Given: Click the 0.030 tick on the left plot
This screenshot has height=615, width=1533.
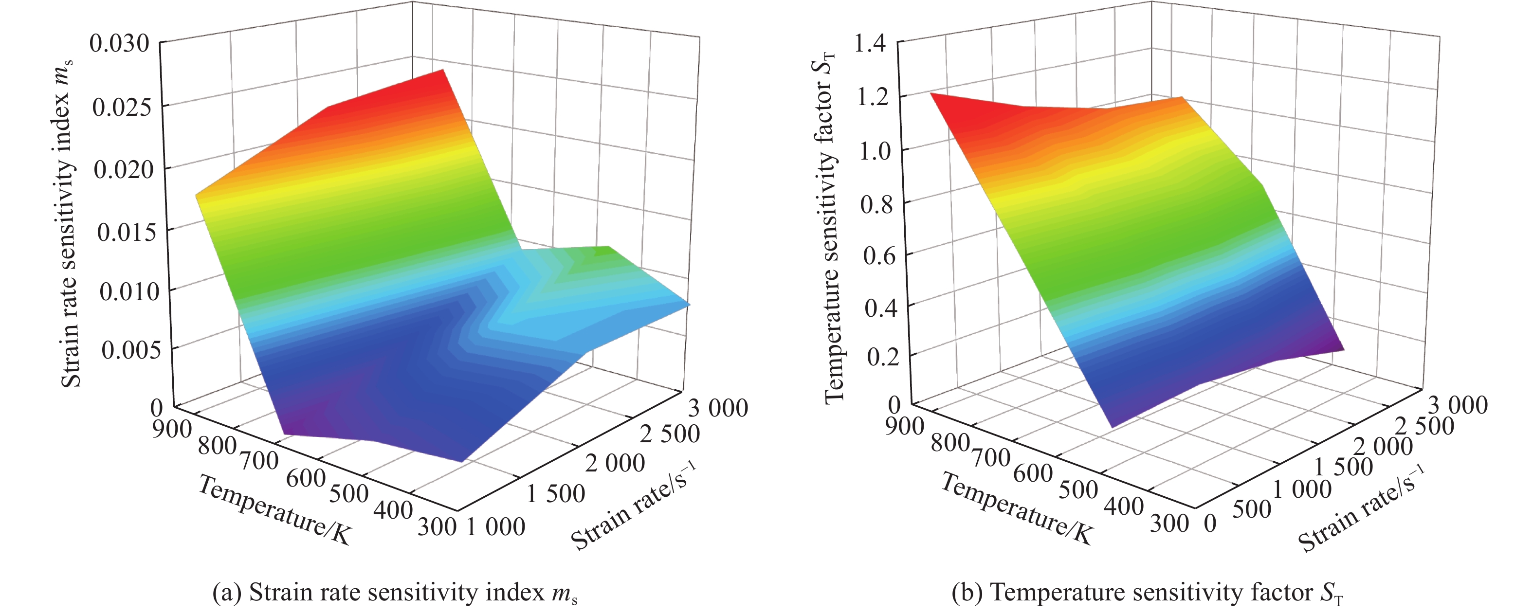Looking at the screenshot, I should pos(119,43).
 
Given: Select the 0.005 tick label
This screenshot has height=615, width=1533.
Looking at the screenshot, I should pos(130,350).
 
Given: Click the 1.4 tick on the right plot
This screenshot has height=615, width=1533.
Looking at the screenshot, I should pos(870,43).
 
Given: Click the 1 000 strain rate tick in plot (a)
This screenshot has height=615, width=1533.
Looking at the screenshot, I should pos(496,527).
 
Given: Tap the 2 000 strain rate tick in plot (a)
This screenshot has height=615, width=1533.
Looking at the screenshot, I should pos(615,463).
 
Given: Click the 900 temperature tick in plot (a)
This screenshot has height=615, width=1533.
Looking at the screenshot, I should pos(171,429).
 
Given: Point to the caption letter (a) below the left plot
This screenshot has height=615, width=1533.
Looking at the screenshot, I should pos(226,593).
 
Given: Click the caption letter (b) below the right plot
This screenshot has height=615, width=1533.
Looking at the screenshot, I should pos(965,593).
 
